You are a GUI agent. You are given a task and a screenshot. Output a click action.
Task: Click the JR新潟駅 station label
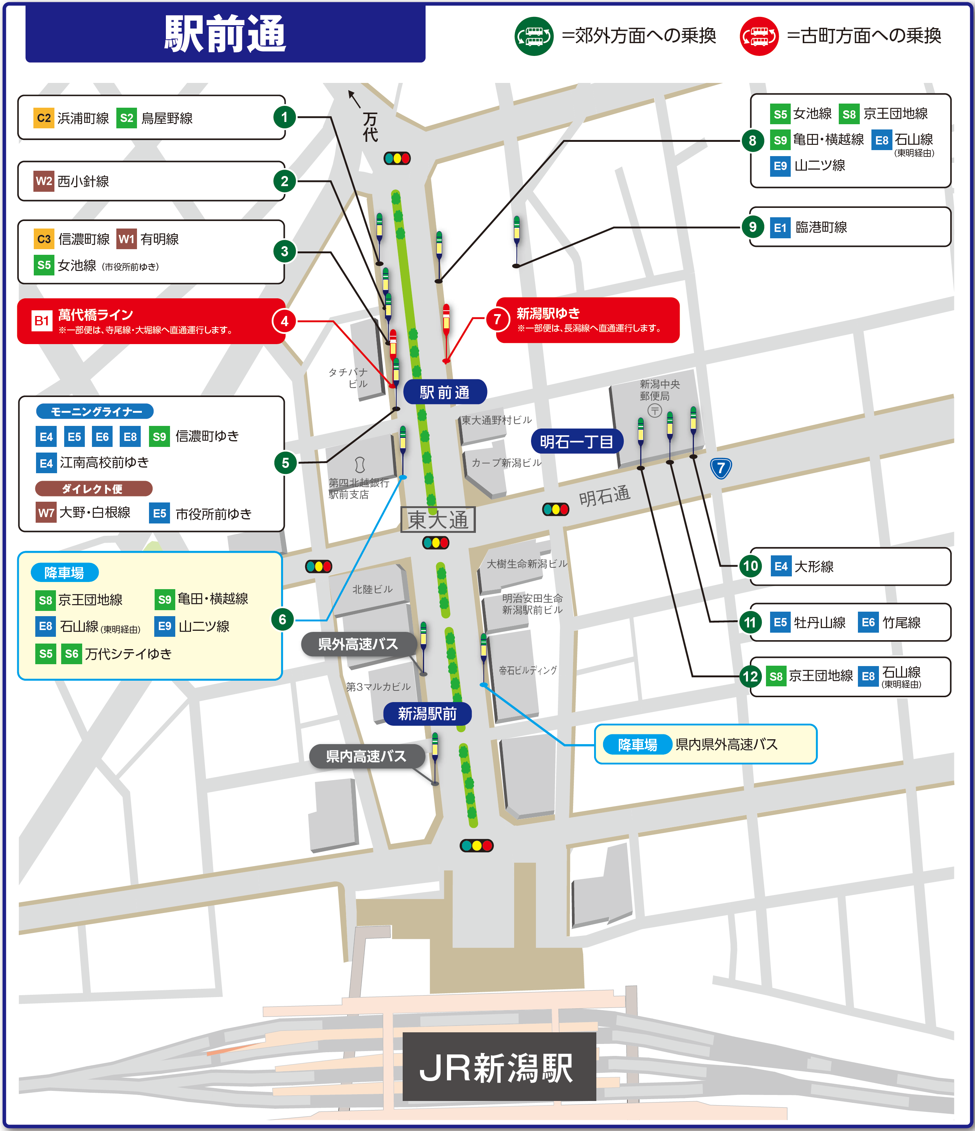tap(498, 1067)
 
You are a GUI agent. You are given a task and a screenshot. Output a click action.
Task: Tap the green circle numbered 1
tap(284, 117)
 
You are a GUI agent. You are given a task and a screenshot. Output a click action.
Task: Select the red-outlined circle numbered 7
tap(497, 319)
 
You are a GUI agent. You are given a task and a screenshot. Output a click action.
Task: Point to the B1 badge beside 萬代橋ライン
tap(42, 320)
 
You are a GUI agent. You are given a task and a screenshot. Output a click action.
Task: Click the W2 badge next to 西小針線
tap(44, 181)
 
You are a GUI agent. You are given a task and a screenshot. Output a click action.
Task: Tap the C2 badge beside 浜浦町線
tap(44, 118)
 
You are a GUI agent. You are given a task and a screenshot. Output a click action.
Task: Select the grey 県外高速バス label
tap(358, 644)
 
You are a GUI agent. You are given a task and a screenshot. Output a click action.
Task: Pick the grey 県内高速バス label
tap(366, 756)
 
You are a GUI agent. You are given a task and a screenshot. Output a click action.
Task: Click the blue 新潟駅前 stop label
tap(427, 713)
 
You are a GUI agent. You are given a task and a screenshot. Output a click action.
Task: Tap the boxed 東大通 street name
tap(438, 520)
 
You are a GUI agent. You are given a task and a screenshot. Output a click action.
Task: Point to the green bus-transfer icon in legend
tap(534, 36)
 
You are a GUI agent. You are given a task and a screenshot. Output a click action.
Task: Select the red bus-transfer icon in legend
tap(759, 36)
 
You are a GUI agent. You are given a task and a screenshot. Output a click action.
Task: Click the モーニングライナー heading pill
tap(95, 412)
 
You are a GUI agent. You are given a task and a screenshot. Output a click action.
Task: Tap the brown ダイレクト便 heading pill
tap(93, 489)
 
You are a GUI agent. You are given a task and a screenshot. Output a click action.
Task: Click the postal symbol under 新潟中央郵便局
tap(655, 410)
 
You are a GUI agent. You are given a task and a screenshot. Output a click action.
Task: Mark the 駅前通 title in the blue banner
tap(225, 34)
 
